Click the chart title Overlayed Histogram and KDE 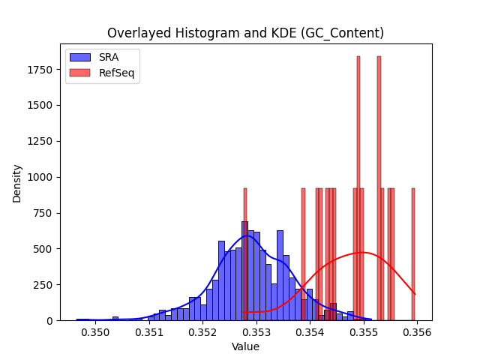pyautogui.click(x=202, y=33)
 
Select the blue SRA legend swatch pyautogui.click(x=80, y=57)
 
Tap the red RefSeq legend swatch pyautogui.click(x=80, y=73)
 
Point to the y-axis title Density pyautogui.click(x=16, y=184)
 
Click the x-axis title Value pyautogui.click(x=245, y=346)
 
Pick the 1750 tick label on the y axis pyautogui.click(x=40, y=70)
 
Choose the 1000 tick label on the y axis pyautogui.click(x=40, y=177)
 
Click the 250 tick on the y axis pyautogui.click(x=43, y=285)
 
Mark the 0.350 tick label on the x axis pyautogui.click(x=95, y=332)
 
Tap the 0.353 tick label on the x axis pyautogui.click(x=256, y=332)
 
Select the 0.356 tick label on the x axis pyautogui.click(x=418, y=332)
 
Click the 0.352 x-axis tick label pyautogui.click(x=202, y=332)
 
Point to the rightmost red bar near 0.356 pyautogui.click(x=413, y=254)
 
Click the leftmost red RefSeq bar pyautogui.click(x=245, y=254)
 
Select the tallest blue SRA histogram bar pyautogui.click(x=245, y=271)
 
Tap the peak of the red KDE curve pyautogui.click(x=362, y=253)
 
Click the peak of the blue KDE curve pyautogui.click(x=248, y=235)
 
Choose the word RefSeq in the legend pyautogui.click(x=117, y=73)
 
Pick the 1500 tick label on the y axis pyautogui.click(x=40, y=105)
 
